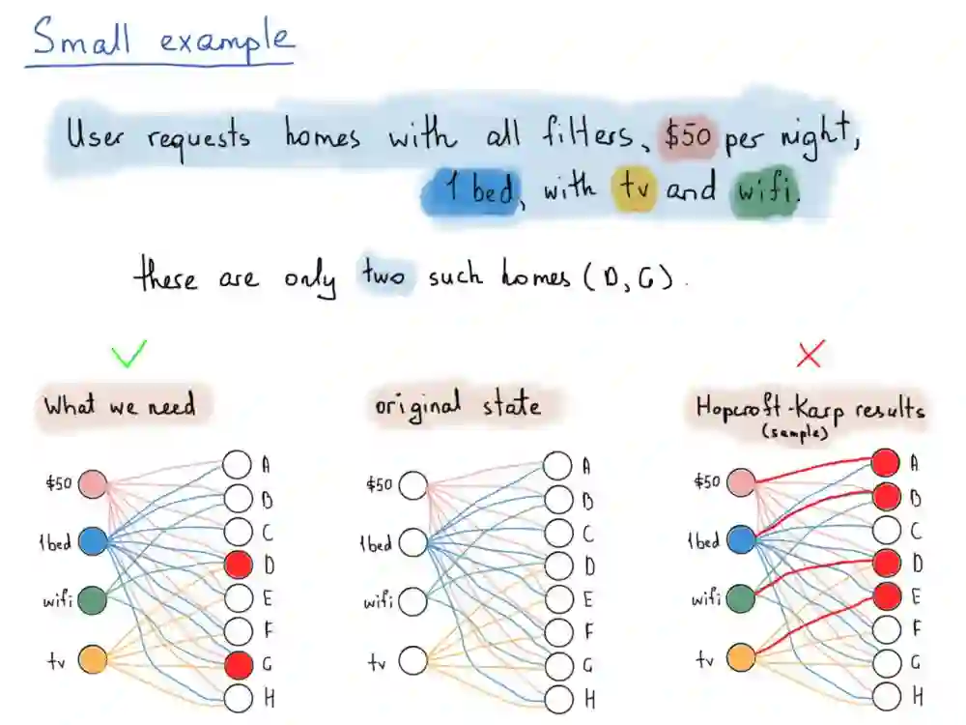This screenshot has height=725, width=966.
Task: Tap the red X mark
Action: tap(809, 356)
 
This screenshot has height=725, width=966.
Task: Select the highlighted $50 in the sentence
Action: tap(688, 137)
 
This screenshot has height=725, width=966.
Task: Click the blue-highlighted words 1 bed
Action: tap(471, 188)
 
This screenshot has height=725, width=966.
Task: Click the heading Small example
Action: tap(161, 41)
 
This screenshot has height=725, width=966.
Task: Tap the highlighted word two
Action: tap(384, 277)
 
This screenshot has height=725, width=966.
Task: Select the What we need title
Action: tap(120, 404)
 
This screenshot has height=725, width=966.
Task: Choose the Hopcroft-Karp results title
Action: tap(809, 408)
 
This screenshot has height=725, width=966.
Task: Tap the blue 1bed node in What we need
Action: tap(93, 541)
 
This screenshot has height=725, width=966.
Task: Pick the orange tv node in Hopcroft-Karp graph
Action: tap(739, 659)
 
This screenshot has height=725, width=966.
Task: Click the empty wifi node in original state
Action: tap(412, 600)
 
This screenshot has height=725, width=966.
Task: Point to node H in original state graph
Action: tap(557, 698)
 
